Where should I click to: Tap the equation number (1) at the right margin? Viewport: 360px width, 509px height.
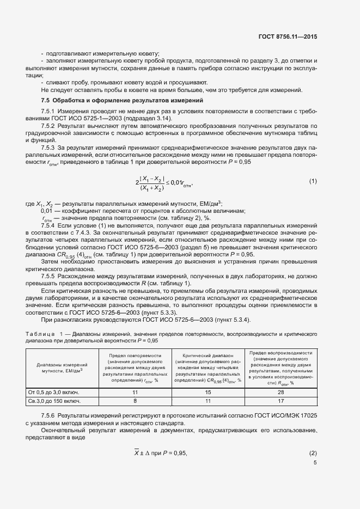pyautogui.click(x=313, y=181)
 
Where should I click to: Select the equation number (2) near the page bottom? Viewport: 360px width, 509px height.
pyautogui.click(x=313, y=453)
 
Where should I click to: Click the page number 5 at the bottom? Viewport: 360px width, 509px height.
pyautogui.click(x=315, y=463)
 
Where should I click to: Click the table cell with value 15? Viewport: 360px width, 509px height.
pyautogui.click(x=207, y=392)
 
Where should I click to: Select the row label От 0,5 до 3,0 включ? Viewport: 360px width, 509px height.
pyautogui.click(x=54, y=392)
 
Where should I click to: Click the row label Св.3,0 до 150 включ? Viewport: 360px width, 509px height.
pyautogui.click(x=54, y=401)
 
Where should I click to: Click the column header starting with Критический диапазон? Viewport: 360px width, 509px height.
pyautogui.click(x=207, y=367)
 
